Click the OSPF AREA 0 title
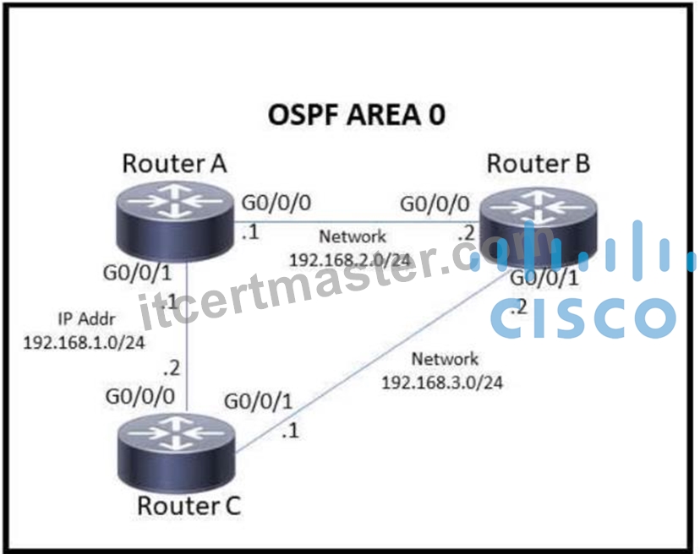point(356,114)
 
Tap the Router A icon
point(174,221)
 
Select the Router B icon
point(539,227)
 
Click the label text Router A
point(174,163)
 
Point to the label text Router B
point(539,163)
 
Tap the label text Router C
point(189,506)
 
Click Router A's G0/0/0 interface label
point(276,203)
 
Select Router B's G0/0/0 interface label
point(435,204)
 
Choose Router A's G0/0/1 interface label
point(138,273)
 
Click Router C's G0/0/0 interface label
point(140,397)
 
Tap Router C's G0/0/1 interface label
point(259,401)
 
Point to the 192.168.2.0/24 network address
point(350,259)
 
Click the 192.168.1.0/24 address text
point(84,343)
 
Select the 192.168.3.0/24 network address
point(442,383)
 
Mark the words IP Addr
point(86,319)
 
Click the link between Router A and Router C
point(187,335)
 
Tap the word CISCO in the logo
point(583,318)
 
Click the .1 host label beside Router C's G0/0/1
point(290,431)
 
